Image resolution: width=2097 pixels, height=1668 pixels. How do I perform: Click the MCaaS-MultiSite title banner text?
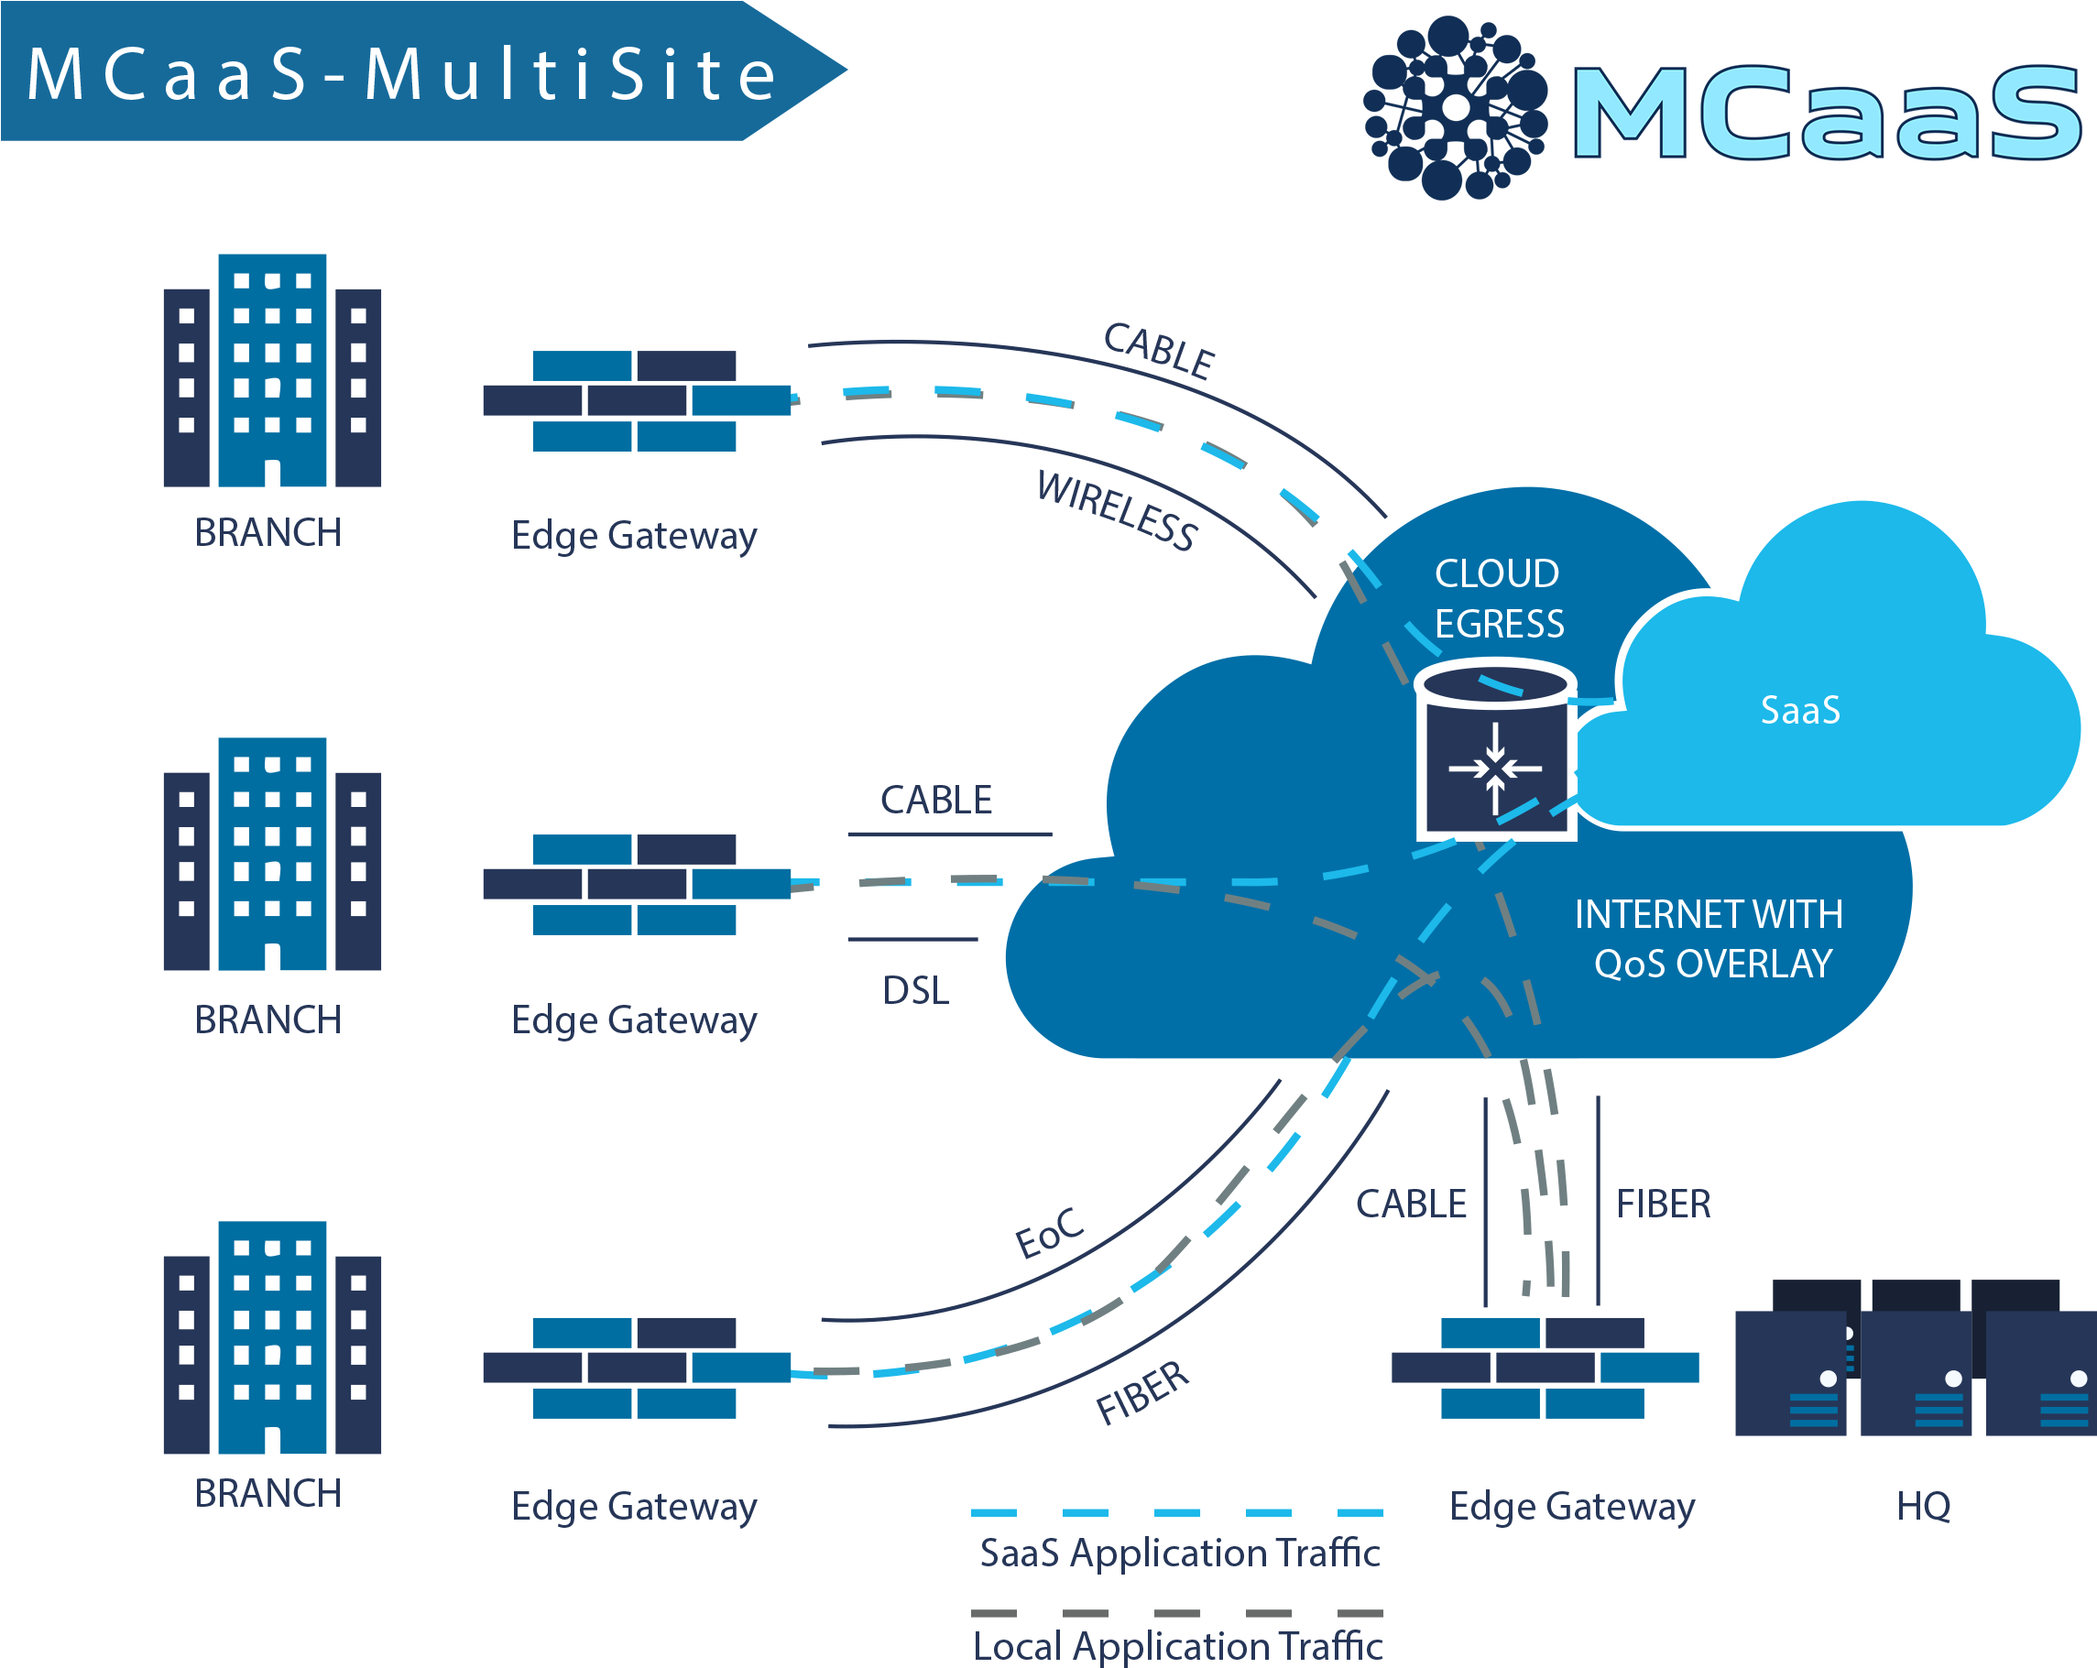coord(400,74)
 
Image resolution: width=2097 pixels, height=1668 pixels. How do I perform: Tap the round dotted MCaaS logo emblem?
coord(1455,107)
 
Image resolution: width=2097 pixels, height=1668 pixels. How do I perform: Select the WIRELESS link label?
coord(1117,510)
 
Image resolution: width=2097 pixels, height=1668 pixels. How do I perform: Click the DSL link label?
coord(915,990)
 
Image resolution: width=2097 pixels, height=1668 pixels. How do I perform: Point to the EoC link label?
coord(1048,1233)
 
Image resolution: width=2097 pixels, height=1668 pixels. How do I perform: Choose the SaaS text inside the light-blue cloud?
coord(1799,710)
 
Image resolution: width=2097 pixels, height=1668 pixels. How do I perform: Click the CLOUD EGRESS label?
coord(1498,598)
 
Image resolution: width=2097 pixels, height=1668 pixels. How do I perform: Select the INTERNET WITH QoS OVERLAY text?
coord(1709,939)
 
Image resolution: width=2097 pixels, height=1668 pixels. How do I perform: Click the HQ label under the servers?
coord(1923,1506)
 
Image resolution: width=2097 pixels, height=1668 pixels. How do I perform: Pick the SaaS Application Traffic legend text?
coord(1179,1554)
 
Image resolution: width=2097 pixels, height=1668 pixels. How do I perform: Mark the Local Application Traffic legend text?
coord(1178,1646)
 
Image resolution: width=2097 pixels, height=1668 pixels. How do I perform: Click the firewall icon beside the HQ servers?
coord(1545,1368)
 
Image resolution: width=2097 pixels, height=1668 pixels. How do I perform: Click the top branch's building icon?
coord(272,372)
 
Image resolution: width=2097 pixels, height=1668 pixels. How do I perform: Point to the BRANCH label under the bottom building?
coord(268,1493)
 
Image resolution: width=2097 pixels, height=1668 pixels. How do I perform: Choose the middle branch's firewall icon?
coord(636,884)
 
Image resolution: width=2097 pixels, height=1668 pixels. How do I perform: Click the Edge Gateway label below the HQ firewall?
coord(1572,1506)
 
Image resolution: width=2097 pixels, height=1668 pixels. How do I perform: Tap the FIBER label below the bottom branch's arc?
coord(1142,1393)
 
